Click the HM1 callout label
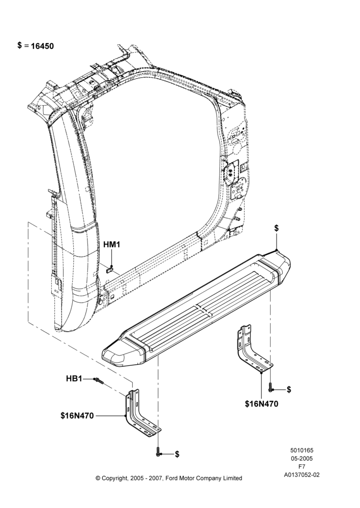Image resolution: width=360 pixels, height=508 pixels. pyautogui.click(x=111, y=245)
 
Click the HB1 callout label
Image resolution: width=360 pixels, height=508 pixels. pyautogui.click(x=74, y=378)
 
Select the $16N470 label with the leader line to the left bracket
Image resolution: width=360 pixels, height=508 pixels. pyautogui.click(x=77, y=416)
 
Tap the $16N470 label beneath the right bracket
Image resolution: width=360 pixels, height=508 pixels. pyautogui.click(x=261, y=404)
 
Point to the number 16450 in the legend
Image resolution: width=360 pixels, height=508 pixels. pyautogui.click(x=42, y=46)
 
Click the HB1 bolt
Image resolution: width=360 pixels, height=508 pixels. pyautogui.click(x=98, y=380)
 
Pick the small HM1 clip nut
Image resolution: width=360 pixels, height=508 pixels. pyautogui.click(x=110, y=269)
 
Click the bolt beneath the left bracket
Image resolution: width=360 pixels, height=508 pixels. pyautogui.click(x=158, y=451)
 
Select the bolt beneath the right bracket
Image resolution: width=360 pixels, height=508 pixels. pyautogui.click(x=270, y=387)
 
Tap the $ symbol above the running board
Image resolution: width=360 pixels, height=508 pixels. pyautogui.click(x=276, y=228)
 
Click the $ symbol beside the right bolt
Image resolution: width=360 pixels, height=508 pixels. pyautogui.click(x=289, y=390)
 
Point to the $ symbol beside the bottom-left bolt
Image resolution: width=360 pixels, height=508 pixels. pyautogui.click(x=177, y=454)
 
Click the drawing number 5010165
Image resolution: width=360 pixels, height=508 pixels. pyautogui.click(x=302, y=450)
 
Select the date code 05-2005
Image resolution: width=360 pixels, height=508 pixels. pyautogui.click(x=302, y=458)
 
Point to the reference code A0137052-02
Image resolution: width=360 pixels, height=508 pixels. pyautogui.click(x=302, y=475)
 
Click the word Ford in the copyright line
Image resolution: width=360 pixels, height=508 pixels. pyautogui.click(x=171, y=478)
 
